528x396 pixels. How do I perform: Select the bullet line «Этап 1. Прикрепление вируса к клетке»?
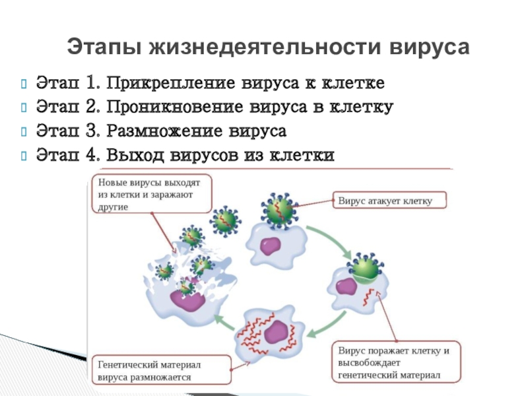coord(210,84)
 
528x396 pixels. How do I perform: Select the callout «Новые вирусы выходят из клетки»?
coord(150,193)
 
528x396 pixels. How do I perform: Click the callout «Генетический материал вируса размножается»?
coord(161,371)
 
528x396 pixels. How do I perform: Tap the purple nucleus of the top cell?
coord(270,246)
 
